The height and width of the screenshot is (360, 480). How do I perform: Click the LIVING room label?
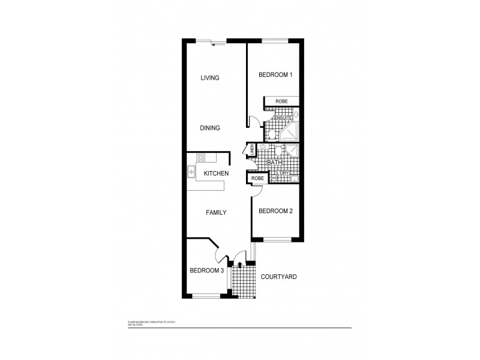(x=210, y=78)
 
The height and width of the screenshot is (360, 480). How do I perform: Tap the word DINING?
(x=210, y=128)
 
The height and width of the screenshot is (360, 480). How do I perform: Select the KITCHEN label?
(x=216, y=173)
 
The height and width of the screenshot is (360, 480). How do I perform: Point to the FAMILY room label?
(x=217, y=212)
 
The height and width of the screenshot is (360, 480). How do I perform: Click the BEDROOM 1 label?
(x=275, y=75)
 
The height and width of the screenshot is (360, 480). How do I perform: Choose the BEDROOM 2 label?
(x=275, y=211)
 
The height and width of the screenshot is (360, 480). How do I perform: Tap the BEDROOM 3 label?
(x=207, y=271)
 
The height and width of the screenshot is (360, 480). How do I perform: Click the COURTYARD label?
(x=279, y=277)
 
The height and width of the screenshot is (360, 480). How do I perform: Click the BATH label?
(x=274, y=162)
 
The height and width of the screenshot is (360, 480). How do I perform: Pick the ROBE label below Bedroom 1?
(x=281, y=102)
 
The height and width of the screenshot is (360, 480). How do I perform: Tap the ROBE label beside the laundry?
(x=257, y=178)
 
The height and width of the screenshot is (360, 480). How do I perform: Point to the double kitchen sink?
(x=191, y=172)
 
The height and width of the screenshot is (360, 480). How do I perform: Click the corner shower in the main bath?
(x=292, y=151)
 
